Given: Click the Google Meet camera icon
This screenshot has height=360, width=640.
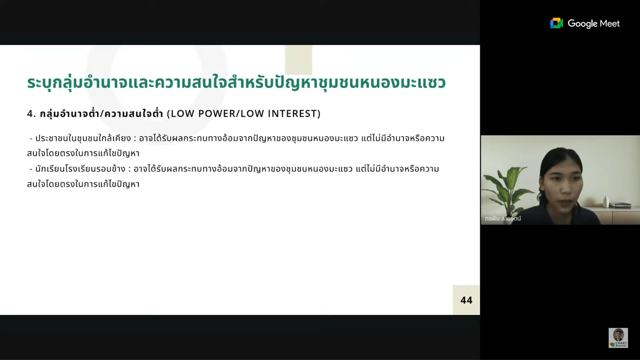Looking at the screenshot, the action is tap(556, 23).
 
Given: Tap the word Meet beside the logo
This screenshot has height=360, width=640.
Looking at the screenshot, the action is tap(610, 23).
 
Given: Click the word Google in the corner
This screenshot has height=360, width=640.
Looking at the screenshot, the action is tap(582, 24).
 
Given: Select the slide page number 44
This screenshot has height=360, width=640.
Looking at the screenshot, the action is tap(466, 300).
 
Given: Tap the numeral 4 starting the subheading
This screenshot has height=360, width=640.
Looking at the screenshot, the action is tap(30, 114).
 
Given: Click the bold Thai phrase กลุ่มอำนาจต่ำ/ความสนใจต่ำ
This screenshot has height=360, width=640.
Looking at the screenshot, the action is tap(102, 114).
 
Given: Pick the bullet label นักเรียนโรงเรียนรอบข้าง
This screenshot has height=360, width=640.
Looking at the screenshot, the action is tap(80, 169).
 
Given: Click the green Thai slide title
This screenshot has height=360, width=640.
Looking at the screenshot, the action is tap(236, 83).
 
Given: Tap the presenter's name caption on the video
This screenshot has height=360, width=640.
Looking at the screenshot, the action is tap(502, 218).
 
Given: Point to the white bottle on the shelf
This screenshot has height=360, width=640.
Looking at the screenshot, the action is tap(606, 202).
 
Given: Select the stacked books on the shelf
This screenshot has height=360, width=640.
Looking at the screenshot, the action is tap(620, 205).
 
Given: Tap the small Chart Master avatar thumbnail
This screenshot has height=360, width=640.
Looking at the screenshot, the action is tap(618, 338).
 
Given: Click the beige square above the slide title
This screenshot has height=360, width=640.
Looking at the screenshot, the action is tap(299, 60).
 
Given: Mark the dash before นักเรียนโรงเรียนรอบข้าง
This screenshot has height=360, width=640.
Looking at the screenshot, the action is tap(31, 169).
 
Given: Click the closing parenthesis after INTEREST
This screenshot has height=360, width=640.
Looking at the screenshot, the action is tap(319, 114).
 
